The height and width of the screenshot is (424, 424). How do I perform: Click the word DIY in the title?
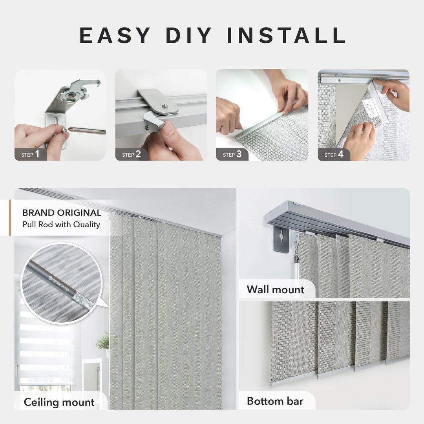(190, 35)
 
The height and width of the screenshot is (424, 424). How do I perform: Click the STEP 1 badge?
(31, 154)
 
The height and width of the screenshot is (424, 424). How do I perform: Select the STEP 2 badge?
(132, 154)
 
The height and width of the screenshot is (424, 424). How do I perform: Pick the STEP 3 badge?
(232, 154)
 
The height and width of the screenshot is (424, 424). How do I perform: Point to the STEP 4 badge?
(334, 154)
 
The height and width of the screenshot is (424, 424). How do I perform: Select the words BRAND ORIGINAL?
(62, 213)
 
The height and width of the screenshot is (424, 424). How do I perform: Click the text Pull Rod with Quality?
(61, 225)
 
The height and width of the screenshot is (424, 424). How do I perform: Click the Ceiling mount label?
(59, 402)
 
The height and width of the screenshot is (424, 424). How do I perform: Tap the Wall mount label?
(275, 290)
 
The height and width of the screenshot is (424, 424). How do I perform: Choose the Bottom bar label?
(275, 401)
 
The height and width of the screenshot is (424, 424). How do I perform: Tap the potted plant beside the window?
(103, 341)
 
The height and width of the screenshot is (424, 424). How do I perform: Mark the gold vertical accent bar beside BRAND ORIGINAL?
(10, 217)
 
